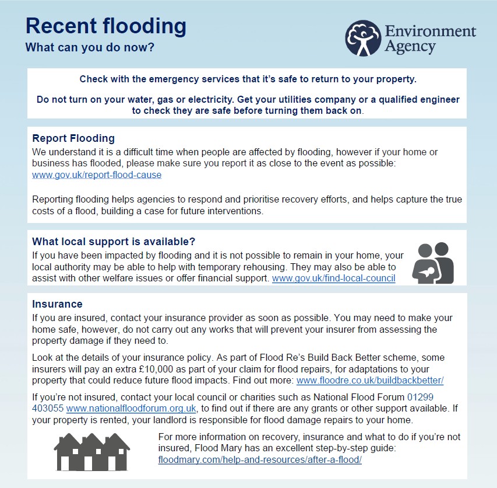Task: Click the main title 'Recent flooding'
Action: [106, 26]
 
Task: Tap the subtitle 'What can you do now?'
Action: [90, 47]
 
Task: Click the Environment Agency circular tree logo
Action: [362, 39]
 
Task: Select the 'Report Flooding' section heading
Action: [73, 138]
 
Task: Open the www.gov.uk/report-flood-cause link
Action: [97, 175]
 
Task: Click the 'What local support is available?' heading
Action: [113, 242]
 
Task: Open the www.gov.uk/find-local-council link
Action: [333, 278]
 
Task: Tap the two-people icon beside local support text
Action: [432, 263]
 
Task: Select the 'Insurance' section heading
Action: [57, 304]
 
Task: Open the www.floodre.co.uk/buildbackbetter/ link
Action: [370, 381]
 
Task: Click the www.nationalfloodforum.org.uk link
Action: [131, 408]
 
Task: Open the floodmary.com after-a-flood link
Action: [260, 460]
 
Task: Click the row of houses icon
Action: [91, 451]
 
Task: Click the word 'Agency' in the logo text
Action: [410, 46]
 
